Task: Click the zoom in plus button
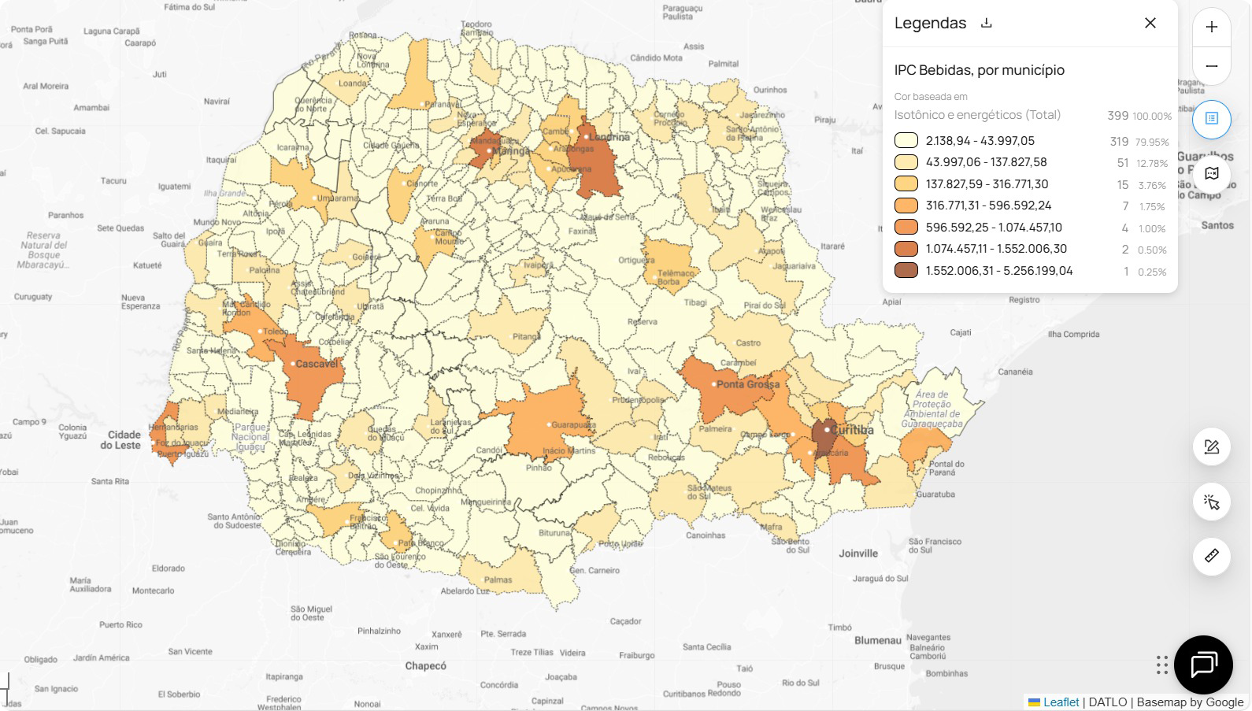(x=1211, y=27)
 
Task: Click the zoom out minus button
(x=1211, y=66)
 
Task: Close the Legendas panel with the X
(x=1150, y=23)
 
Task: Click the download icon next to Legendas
(x=987, y=23)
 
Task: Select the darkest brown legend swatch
(x=906, y=271)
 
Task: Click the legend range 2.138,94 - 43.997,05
(x=980, y=141)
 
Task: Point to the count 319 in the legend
(x=1119, y=142)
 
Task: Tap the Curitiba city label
(x=852, y=430)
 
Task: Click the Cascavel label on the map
(x=317, y=364)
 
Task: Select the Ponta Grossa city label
(x=748, y=384)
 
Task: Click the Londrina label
(x=609, y=137)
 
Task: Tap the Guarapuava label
(x=573, y=424)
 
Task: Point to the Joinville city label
(x=858, y=554)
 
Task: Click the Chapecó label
(x=425, y=665)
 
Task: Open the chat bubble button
(x=1202, y=665)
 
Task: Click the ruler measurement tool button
(x=1211, y=556)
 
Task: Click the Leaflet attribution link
(x=1061, y=702)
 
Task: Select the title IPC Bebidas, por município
(x=979, y=70)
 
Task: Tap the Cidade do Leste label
(x=124, y=439)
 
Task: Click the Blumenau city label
(x=877, y=640)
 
